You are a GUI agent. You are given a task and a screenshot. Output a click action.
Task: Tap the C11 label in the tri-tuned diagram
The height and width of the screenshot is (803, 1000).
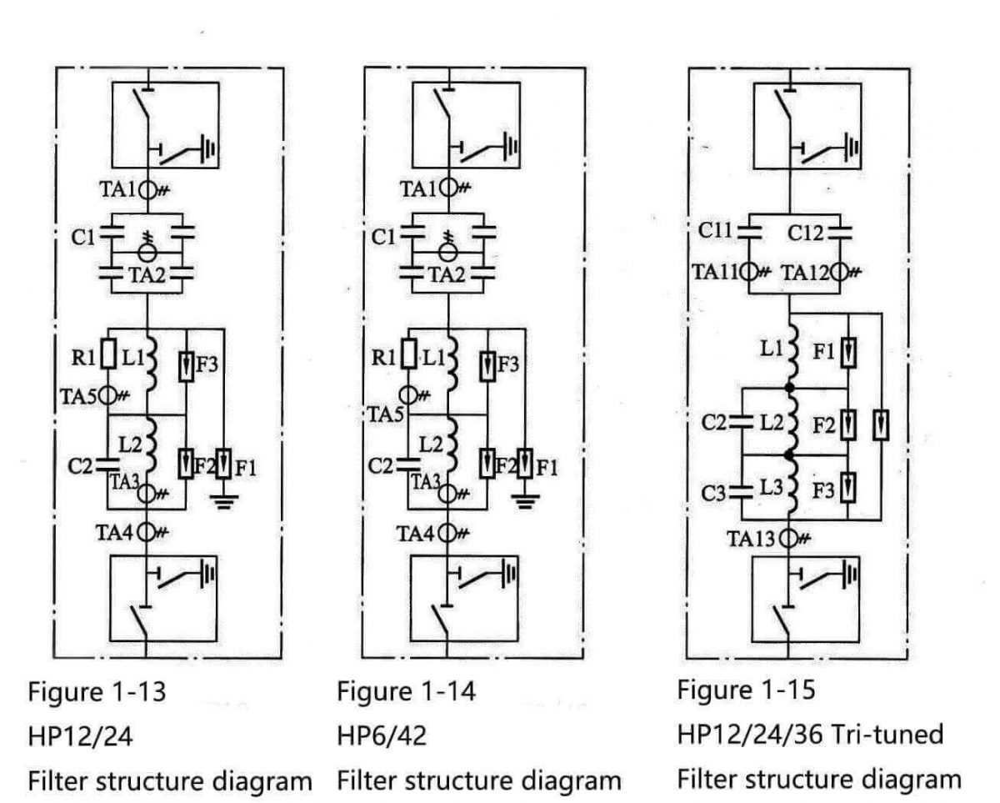[x=714, y=231]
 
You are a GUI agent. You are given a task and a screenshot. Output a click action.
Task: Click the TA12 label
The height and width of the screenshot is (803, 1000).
[x=806, y=271]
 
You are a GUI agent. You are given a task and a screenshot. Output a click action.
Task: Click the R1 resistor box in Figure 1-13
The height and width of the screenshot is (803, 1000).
[x=107, y=354]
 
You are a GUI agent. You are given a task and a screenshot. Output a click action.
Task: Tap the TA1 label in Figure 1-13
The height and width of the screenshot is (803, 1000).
[x=117, y=189]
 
